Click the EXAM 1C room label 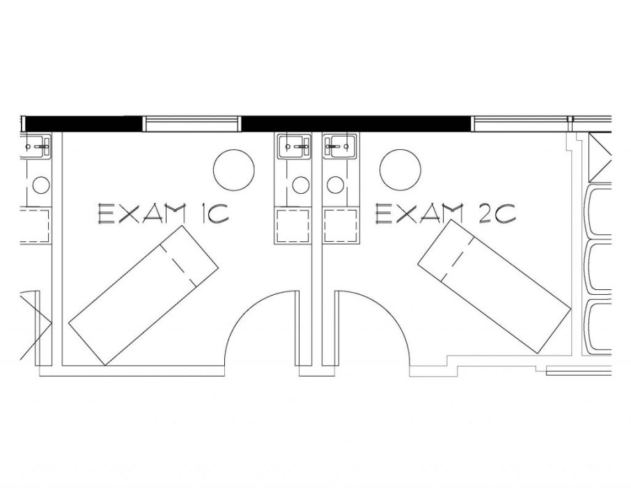click(164, 213)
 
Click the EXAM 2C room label click(446, 213)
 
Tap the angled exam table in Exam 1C click(143, 296)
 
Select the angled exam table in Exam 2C click(494, 287)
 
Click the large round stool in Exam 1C click(234, 169)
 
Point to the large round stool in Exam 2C click(400, 169)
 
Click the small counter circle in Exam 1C click(301, 185)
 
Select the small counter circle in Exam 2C click(335, 185)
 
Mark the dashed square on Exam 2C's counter click(341, 225)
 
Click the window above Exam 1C click(192, 124)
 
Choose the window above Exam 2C click(522, 124)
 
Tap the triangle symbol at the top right click(600, 158)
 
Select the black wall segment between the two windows click(356, 123)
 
